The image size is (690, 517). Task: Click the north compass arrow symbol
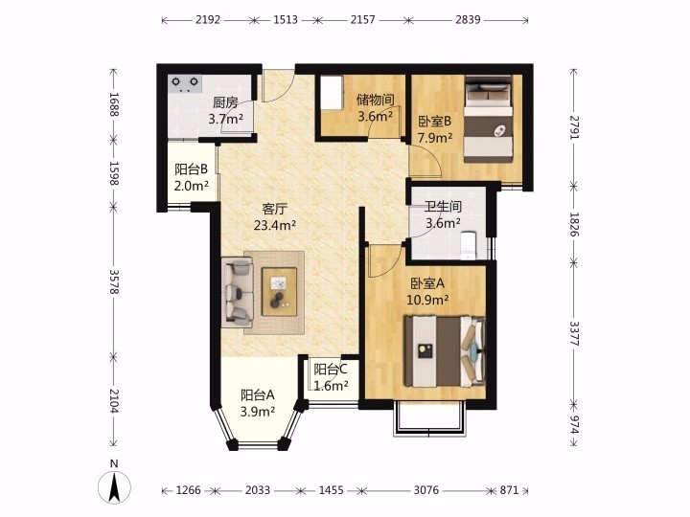pyautogui.click(x=114, y=487)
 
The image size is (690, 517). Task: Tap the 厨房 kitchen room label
pyautogui.click(x=225, y=102)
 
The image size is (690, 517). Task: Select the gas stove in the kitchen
pyautogui.click(x=185, y=84)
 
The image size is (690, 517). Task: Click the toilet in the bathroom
pyautogui.click(x=469, y=245)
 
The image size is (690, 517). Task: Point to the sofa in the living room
pyautogui.click(x=238, y=292)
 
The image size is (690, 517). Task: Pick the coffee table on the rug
pyautogui.click(x=279, y=291)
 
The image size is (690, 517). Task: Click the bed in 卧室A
pyautogui.click(x=445, y=351)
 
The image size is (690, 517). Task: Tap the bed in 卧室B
pyautogui.click(x=490, y=119)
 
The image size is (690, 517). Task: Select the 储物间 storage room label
pyautogui.click(x=375, y=101)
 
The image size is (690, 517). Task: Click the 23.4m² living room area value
pyautogui.click(x=275, y=226)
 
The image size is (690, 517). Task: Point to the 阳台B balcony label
pyautogui.click(x=191, y=169)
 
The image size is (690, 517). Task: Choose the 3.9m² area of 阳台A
pyautogui.click(x=258, y=412)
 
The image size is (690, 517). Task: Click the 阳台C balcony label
pyautogui.click(x=331, y=370)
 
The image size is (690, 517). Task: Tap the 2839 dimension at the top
pyautogui.click(x=468, y=20)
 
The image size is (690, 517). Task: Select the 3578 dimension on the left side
pyautogui.click(x=114, y=281)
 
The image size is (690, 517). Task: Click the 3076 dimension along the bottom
pyautogui.click(x=425, y=490)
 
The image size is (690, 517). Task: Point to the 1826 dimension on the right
pyautogui.click(x=574, y=225)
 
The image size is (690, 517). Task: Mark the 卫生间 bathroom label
pyautogui.click(x=443, y=206)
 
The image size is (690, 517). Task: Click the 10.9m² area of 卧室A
pyautogui.click(x=427, y=301)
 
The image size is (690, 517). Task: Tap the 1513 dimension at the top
pyautogui.click(x=286, y=20)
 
